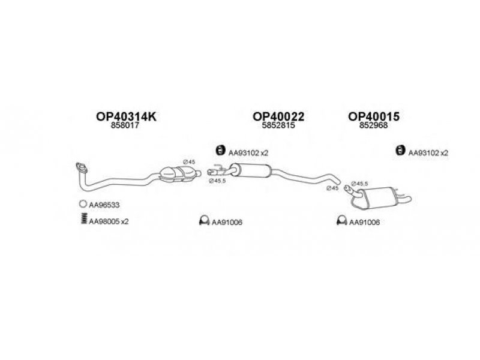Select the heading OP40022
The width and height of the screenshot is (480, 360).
[x=278, y=117]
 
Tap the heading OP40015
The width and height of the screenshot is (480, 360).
[x=374, y=117]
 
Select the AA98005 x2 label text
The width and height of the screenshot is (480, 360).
[x=109, y=221]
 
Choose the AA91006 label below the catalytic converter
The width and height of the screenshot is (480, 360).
[x=227, y=222]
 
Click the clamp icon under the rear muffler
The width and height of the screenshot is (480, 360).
[x=341, y=221]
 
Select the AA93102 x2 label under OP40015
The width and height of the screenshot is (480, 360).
[x=428, y=153]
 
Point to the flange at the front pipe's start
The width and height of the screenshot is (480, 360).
[x=78, y=167]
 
